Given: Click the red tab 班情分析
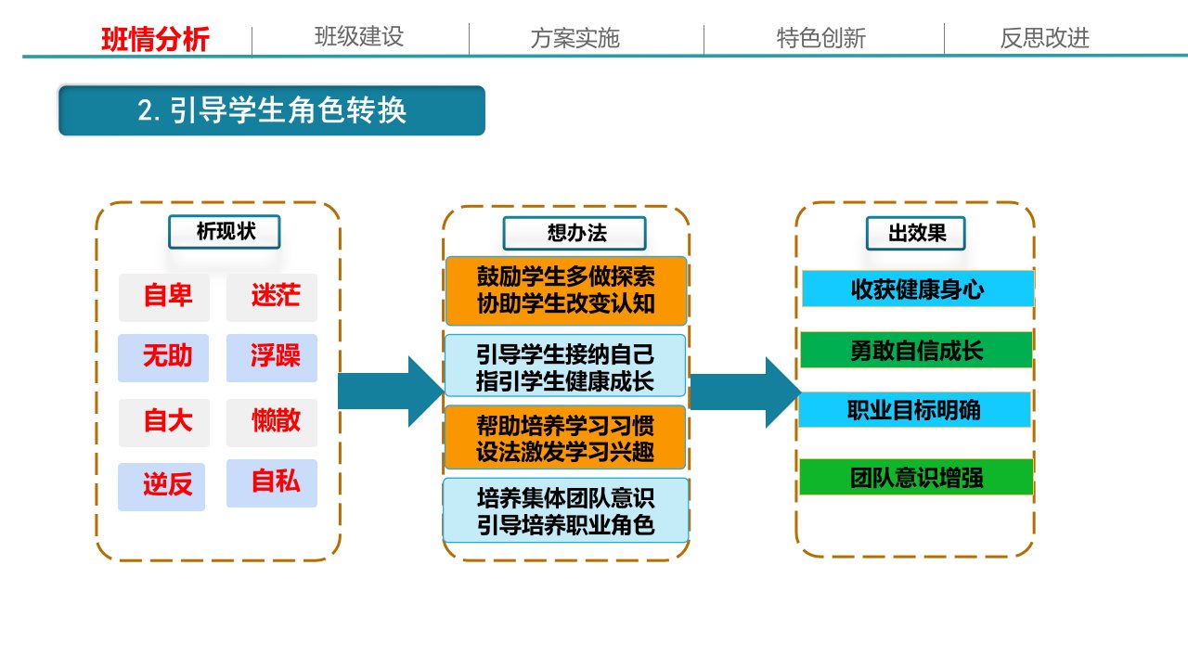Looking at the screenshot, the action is tap(155, 39).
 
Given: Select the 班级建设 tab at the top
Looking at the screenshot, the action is tap(359, 37).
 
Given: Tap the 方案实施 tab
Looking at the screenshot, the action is tap(575, 38).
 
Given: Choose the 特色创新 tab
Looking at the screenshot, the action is tap(821, 38).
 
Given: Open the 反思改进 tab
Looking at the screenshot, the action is tap(1045, 38).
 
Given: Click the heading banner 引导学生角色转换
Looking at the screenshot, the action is tap(272, 110).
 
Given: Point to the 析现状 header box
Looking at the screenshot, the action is tap(225, 232).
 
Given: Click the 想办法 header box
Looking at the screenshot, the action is tap(575, 233).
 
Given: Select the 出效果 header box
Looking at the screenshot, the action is tap(916, 233).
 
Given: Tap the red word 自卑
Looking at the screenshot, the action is tap(168, 295).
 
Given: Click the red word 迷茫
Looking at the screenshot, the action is tap(276, 295).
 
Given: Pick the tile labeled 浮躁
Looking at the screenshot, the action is tap(272, 358).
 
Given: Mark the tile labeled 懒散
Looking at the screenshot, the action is tap(272, 422).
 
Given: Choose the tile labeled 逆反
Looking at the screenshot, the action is tap(161, 487).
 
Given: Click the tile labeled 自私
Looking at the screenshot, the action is tap(272, 483).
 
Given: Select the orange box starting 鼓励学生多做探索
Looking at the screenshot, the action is tap(566, 290).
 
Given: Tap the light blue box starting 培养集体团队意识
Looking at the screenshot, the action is tap(566, 510).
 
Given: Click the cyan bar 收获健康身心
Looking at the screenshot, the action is tap(918, 289).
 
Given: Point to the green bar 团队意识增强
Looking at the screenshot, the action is tap(916, 477).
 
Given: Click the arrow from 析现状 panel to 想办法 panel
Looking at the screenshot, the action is tap(391, 392).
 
